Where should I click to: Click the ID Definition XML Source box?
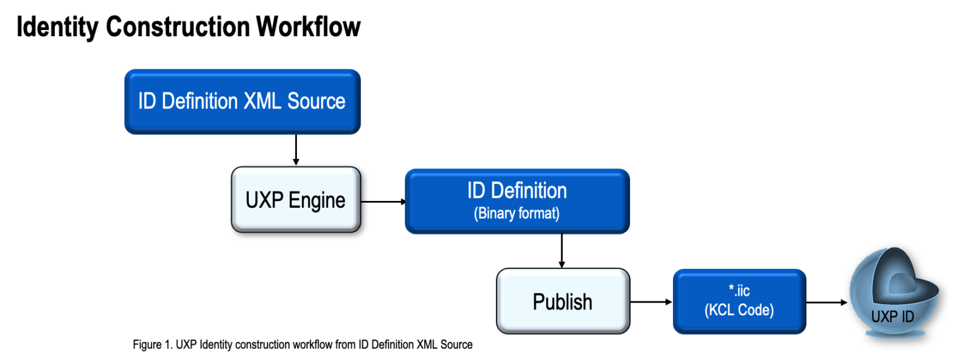pos(242,101)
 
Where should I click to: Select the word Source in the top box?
pos(316,101)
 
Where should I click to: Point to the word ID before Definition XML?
pos(147,101)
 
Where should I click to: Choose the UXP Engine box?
pos(296,200)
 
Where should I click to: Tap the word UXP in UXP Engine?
pos(263,200)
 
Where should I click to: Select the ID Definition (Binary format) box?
pos(517,201)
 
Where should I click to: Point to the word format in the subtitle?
pos(541,213)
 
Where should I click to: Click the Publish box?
pos(563,301)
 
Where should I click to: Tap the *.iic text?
pos(738,291)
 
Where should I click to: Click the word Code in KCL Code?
pos(755,310)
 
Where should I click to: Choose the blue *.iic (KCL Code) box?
pos(739,301)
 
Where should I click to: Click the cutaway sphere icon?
pos(893,293)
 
